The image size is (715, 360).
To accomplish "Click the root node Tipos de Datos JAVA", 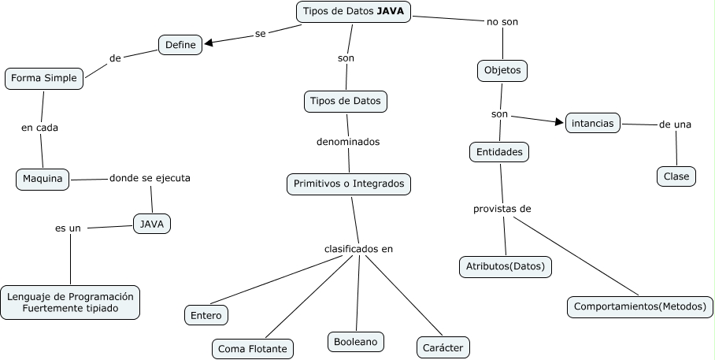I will coord(354,12).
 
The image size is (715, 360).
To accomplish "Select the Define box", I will coord(180,46).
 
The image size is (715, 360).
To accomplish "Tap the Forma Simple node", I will coord(44,78).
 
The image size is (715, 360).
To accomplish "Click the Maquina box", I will coord(43,179).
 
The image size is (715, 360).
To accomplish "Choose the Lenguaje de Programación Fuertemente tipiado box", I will coord(70,302).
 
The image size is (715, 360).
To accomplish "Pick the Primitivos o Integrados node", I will coord(348,184).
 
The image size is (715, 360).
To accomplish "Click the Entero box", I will coord(206,315).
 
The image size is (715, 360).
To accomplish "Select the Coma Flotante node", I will coord(252,348).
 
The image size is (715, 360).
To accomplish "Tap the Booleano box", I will coord(355,341).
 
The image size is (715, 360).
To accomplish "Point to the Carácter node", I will coord(443,347).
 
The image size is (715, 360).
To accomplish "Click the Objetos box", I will coord(502,70).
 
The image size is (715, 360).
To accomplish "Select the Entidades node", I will coord(499,151).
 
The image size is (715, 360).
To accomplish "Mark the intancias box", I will coord(593,123).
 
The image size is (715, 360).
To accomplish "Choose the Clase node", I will coord(676,176).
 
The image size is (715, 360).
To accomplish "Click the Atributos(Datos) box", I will coord(505,267).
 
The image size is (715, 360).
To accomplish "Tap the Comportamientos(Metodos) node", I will coord(639,306).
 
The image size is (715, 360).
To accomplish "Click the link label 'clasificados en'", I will coord(358,249).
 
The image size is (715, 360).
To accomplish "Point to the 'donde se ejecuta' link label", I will coord(150,178).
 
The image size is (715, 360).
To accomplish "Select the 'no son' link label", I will coord(502,21).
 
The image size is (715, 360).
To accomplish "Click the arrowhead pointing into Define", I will coord(209,44).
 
